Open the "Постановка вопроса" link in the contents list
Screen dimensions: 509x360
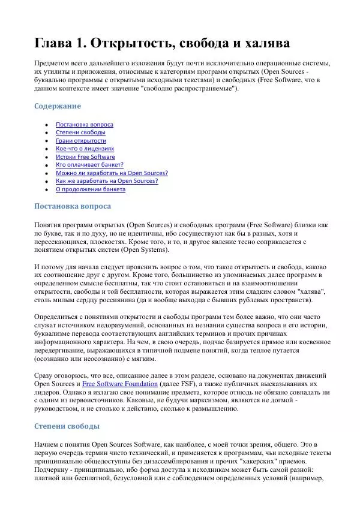[x=84, y=125]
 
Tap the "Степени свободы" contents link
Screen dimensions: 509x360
[x=80, y=132]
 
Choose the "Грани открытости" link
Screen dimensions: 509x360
[x=81, y=141]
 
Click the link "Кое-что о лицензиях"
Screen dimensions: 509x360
[x=85, y=149]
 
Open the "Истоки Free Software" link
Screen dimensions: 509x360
[x=85, y=157]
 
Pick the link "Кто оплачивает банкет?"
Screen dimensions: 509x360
[x=89, y=165]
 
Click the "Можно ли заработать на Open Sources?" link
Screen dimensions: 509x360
[x=112, y=173]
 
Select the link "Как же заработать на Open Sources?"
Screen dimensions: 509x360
[x=107, y=181]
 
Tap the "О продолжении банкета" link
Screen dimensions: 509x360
[x=91, y=189]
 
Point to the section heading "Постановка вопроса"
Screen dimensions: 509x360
[x=72, y=206]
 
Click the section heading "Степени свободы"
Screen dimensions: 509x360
[x=66, y=426]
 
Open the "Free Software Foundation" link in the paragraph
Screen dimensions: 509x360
[x=120, y=384]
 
